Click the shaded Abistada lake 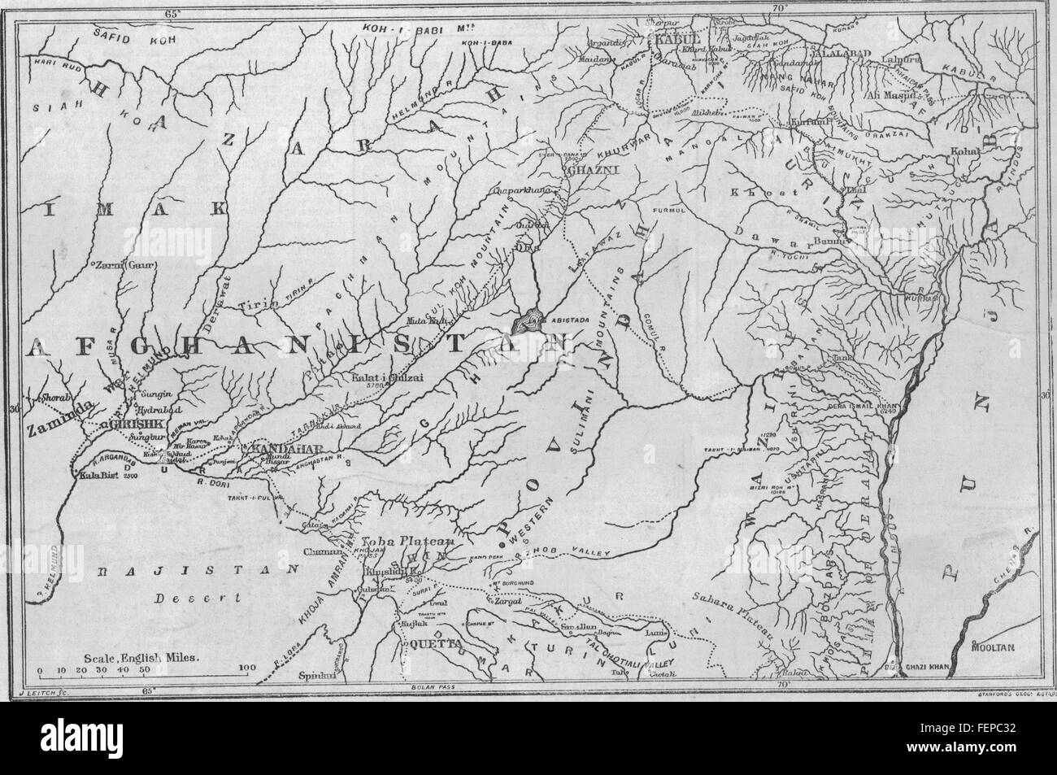point(528,320)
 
